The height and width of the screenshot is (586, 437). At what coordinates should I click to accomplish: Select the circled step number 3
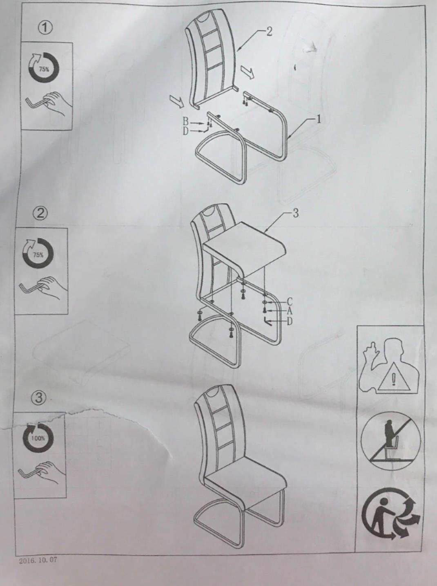[39, 397]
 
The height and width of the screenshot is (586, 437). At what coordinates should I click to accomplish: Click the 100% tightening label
[38, 438]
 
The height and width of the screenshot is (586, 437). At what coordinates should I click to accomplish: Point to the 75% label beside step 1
[44, 69]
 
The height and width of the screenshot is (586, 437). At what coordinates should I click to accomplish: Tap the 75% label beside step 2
[38, 254]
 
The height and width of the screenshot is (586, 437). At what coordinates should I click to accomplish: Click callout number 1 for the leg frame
[318, 119]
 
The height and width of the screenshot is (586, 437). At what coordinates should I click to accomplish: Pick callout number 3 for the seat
[295, 213]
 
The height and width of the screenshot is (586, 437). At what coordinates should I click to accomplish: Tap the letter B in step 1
[185, 122]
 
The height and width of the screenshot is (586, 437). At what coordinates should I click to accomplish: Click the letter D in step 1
[185, 131]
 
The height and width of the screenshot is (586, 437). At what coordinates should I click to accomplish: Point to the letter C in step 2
[290, 302]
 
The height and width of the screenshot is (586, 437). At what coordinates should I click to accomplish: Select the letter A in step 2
[290, 311]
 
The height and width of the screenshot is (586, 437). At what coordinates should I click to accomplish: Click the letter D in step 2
[290, 322]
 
